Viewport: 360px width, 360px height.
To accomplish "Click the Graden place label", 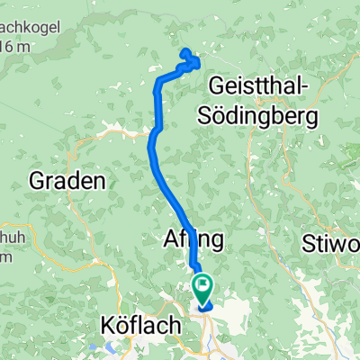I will pyautogui.click(x=67, y=180).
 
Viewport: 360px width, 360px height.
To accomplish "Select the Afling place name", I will pyautogui.click(x=193, y=239).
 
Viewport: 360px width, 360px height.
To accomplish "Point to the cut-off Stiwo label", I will pyautogui.click(x=333, y=242).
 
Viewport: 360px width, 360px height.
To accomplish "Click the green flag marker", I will pyautogui.click(x=203, y=287).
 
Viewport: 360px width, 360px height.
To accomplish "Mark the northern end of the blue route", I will pyautogui.click(x=184, y=52).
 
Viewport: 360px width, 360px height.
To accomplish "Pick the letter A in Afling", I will pyautogui.click(x=172, y=239).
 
